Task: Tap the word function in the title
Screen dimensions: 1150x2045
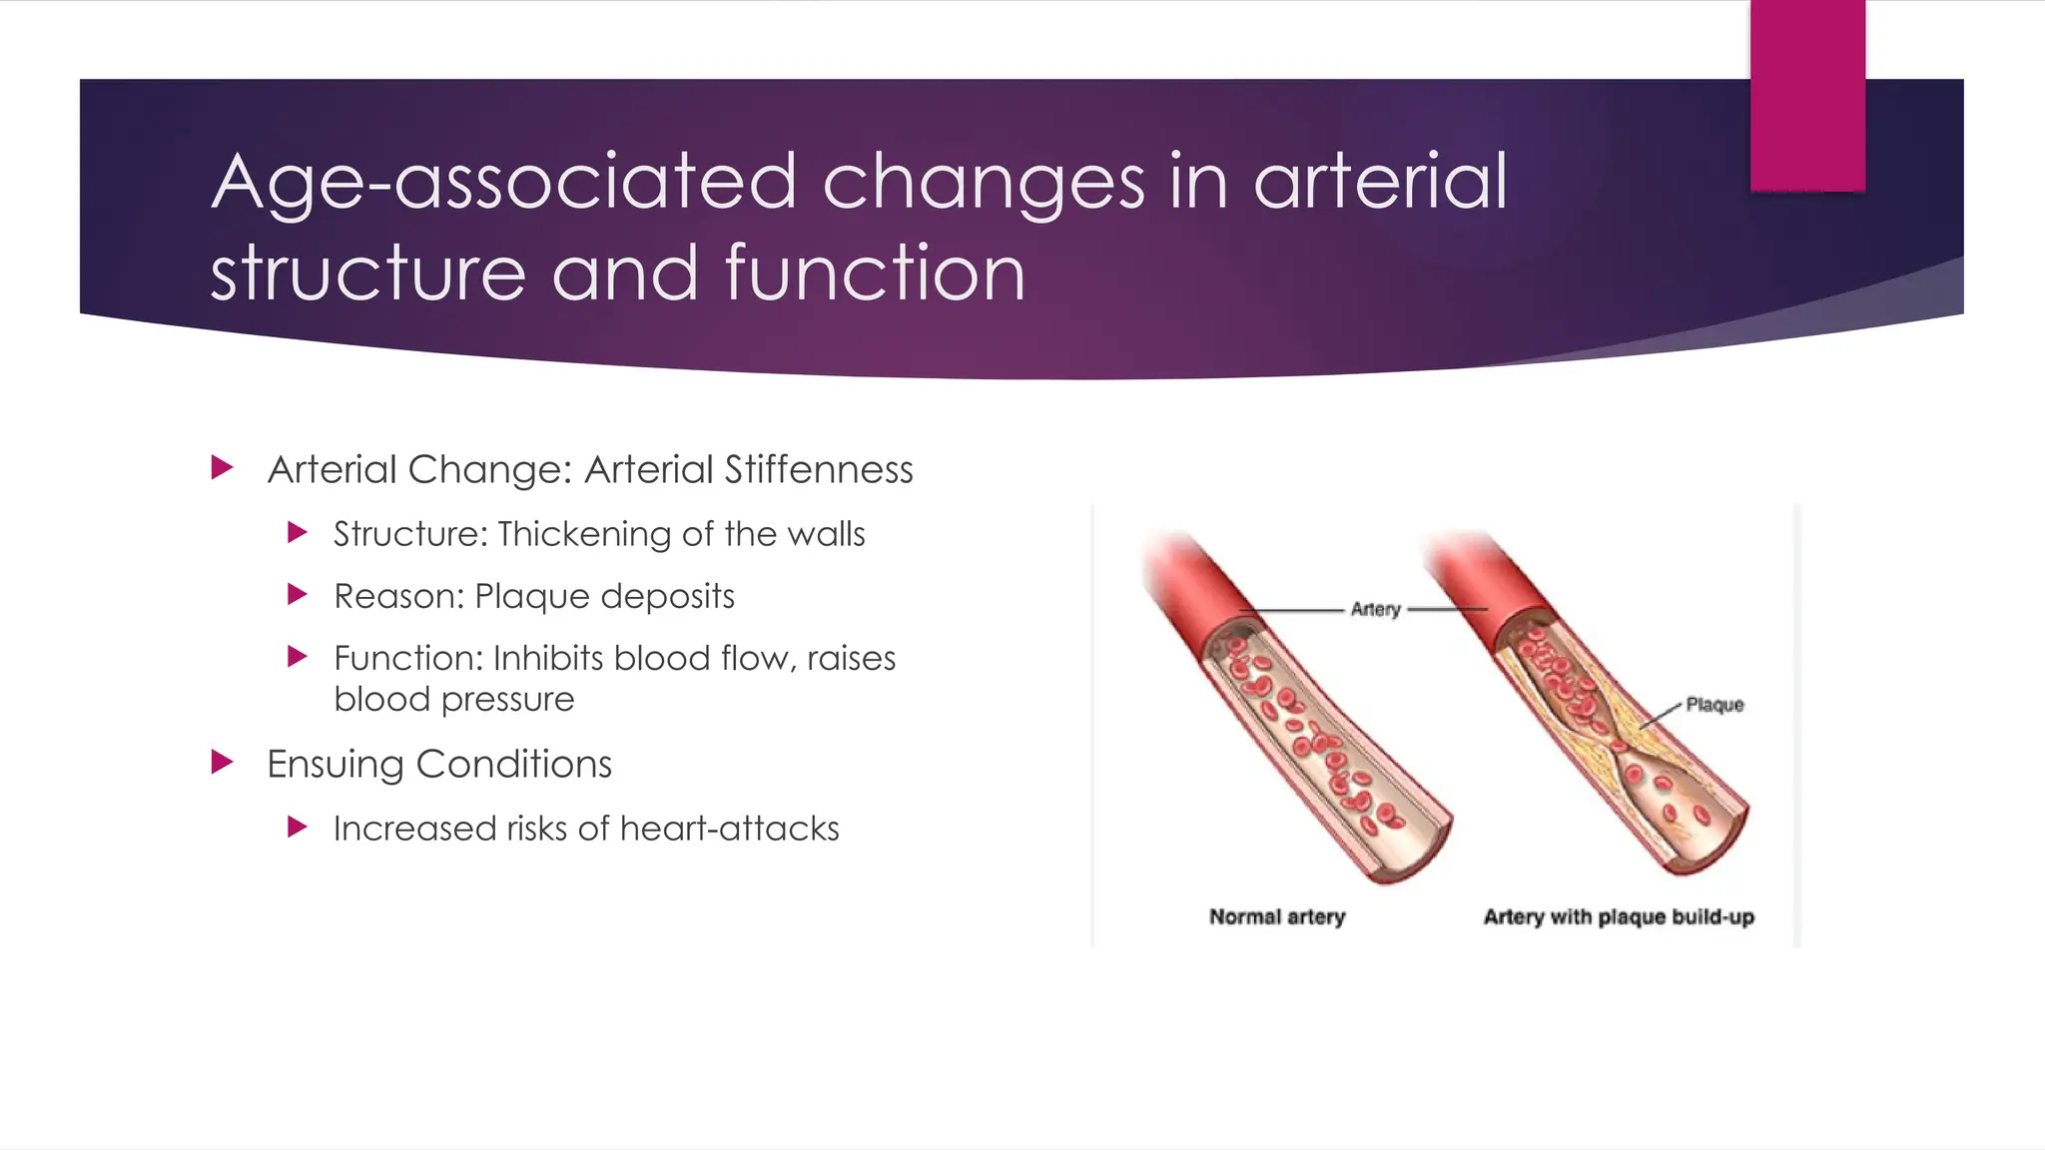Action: (x=875, y=274)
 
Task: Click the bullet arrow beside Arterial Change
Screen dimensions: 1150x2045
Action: (x=223, y=467)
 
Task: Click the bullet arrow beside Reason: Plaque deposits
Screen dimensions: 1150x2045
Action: (x=297, y=595)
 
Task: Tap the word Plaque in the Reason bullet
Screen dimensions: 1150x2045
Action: (x=533, y=596)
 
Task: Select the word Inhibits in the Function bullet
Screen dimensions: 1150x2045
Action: (x=548, y=659)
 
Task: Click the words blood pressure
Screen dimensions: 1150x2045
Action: (x=454, y=700)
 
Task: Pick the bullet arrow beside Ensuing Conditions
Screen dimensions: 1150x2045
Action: (x=223, y=763)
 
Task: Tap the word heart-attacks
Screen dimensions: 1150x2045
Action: (x=729, y=829)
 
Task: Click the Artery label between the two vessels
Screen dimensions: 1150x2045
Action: (x=1375, y=609)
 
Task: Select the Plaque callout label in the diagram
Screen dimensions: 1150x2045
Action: (x=1713, y=705)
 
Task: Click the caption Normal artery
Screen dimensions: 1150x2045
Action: (x=1277, y=916)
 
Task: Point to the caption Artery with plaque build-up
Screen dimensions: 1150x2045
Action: (x=1618, y=916)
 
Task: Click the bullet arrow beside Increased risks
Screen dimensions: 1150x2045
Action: (x=297, y=827)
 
